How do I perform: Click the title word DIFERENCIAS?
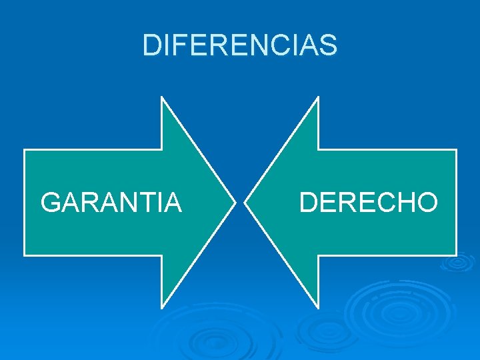tap(240, 45)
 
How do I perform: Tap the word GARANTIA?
tap(111, 202)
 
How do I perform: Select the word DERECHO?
tap(368, 202)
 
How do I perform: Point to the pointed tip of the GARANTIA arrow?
tap(235, 202)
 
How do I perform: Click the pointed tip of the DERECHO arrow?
tap(245, 202)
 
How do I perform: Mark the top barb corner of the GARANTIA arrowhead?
tap(162, 97)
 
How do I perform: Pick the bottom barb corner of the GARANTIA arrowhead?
tap(162, 308)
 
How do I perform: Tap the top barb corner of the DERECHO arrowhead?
tap(318, 97)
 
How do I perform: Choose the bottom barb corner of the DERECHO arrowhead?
tap(318, 308)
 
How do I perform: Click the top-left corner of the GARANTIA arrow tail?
tap(25, 150)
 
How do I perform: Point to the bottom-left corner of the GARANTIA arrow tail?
tap(25, 255)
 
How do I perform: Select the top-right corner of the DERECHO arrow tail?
tap(456, 150)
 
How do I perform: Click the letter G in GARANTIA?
tap(51, 202)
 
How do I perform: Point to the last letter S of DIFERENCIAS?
tap(329, 45)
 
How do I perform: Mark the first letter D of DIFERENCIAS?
tap(151, 45)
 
